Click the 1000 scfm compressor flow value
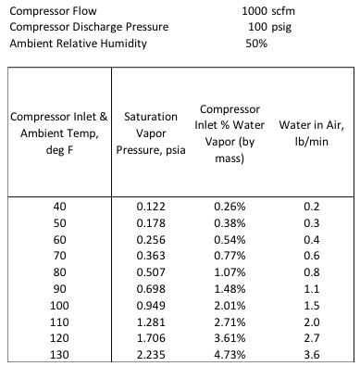[268, 11]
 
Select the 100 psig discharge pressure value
[269, 27]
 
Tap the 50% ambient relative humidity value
[256, 44]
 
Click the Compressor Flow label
[53, 11]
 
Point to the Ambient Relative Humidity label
[78, 44]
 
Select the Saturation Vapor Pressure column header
[151, 133]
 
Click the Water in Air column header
[312, 133]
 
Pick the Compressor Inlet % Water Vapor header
[230, 133]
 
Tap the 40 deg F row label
[59, 207]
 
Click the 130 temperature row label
[59, 354]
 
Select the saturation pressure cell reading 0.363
[151, 256]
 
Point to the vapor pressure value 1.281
[151, 322]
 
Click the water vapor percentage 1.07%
[230, 272]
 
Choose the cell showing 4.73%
[230, 354]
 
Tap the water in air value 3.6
[312, 354]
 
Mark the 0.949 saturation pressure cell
[151, 306]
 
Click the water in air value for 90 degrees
[312, 289]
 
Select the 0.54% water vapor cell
[230, 240]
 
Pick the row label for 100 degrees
[59, 306]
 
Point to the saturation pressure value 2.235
[151, 354]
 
